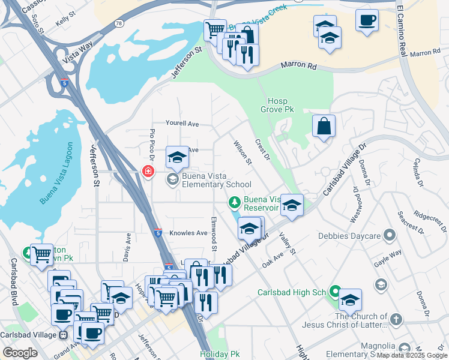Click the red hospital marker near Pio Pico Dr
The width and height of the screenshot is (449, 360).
point(148,172)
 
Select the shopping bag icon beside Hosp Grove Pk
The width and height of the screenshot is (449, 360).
point(324,126)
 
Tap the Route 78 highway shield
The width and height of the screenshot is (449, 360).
point(119,23)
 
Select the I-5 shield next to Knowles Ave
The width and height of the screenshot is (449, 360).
point(157,232)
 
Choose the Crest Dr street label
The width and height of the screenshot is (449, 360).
point(263,150)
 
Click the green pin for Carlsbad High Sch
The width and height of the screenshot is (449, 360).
point(334,292)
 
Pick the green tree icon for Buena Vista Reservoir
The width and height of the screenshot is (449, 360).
point(235,203)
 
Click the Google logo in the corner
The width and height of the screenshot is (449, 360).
point(20,352)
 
